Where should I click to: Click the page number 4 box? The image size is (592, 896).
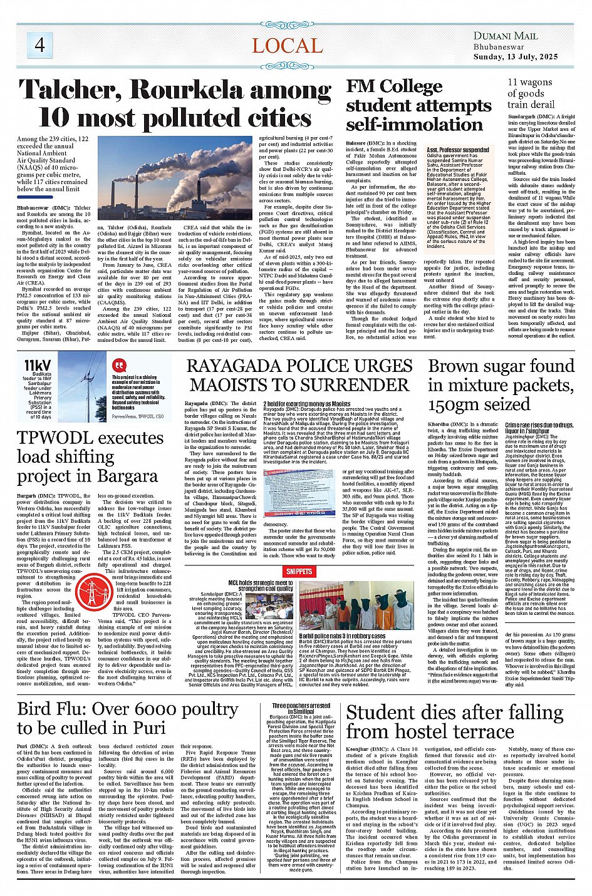[39, 45]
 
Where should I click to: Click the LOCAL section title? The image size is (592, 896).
[287, 46]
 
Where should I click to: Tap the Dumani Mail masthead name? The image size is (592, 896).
[505, 36]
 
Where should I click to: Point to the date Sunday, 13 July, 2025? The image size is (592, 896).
[516, 56]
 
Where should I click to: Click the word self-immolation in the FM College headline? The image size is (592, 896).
[414, 124]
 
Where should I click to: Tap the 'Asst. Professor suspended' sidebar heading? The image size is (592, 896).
[458, 150]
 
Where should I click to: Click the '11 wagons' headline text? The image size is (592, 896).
[529, 82]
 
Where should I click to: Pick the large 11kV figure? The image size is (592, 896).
[38, 365]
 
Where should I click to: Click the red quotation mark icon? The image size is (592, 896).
[119, 365]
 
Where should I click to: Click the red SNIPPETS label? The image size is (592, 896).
[299, 571]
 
